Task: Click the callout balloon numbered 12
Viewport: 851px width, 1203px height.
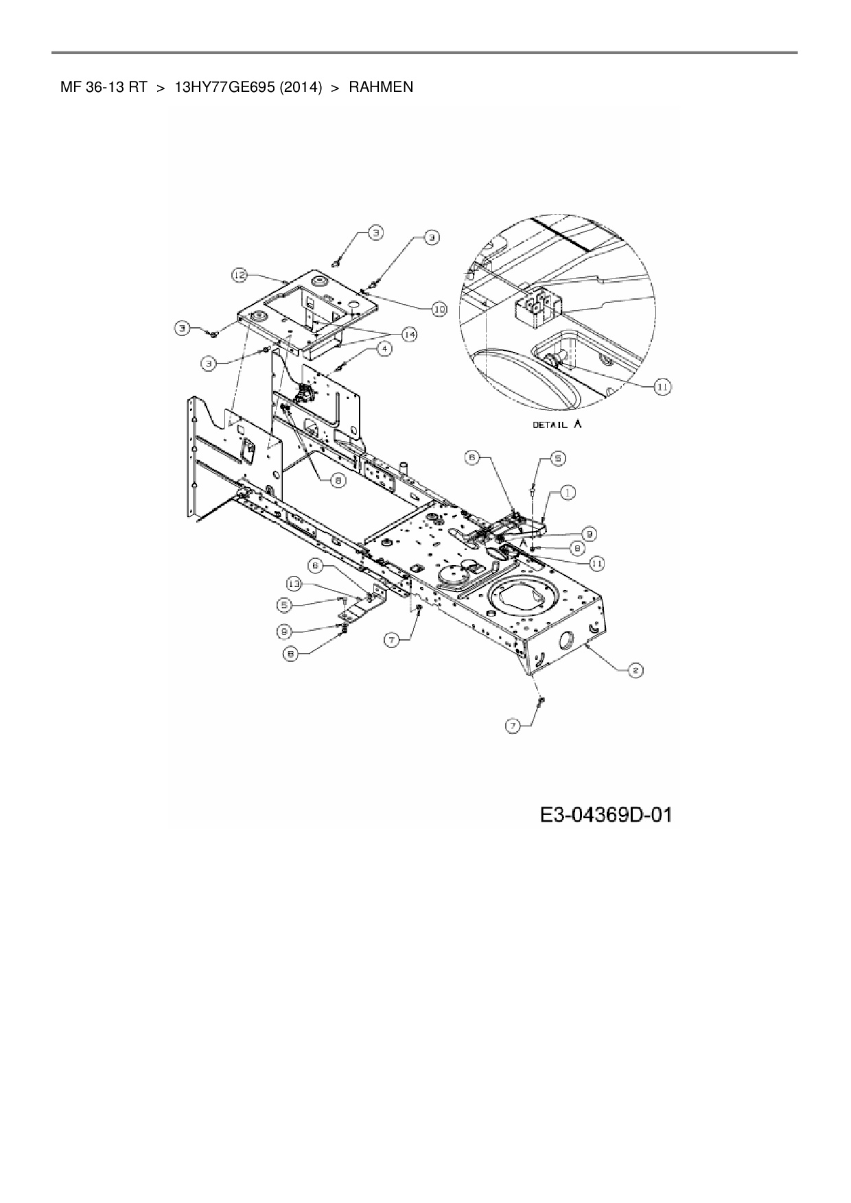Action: (x=238, y=276)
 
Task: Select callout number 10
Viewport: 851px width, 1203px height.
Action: (x=438, y=309)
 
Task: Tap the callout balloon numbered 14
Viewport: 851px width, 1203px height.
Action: (x=409, y=335)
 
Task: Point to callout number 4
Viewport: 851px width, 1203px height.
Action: (x=384, y=349)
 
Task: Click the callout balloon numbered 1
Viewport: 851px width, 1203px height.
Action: (x=568, y=492)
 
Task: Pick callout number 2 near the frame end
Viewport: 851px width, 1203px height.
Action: (x=636, y=671)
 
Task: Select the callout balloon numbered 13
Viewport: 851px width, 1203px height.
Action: (x=294, y=584)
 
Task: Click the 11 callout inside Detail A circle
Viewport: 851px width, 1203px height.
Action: (x=662, y=387)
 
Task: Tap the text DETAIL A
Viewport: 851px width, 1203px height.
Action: (x=557, y=425)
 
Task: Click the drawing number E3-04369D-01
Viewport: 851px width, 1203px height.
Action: (x=605, y=815)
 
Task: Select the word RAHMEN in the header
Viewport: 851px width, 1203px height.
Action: (x=381, y=87)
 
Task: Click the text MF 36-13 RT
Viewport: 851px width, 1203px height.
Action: (x=104, y=87)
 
